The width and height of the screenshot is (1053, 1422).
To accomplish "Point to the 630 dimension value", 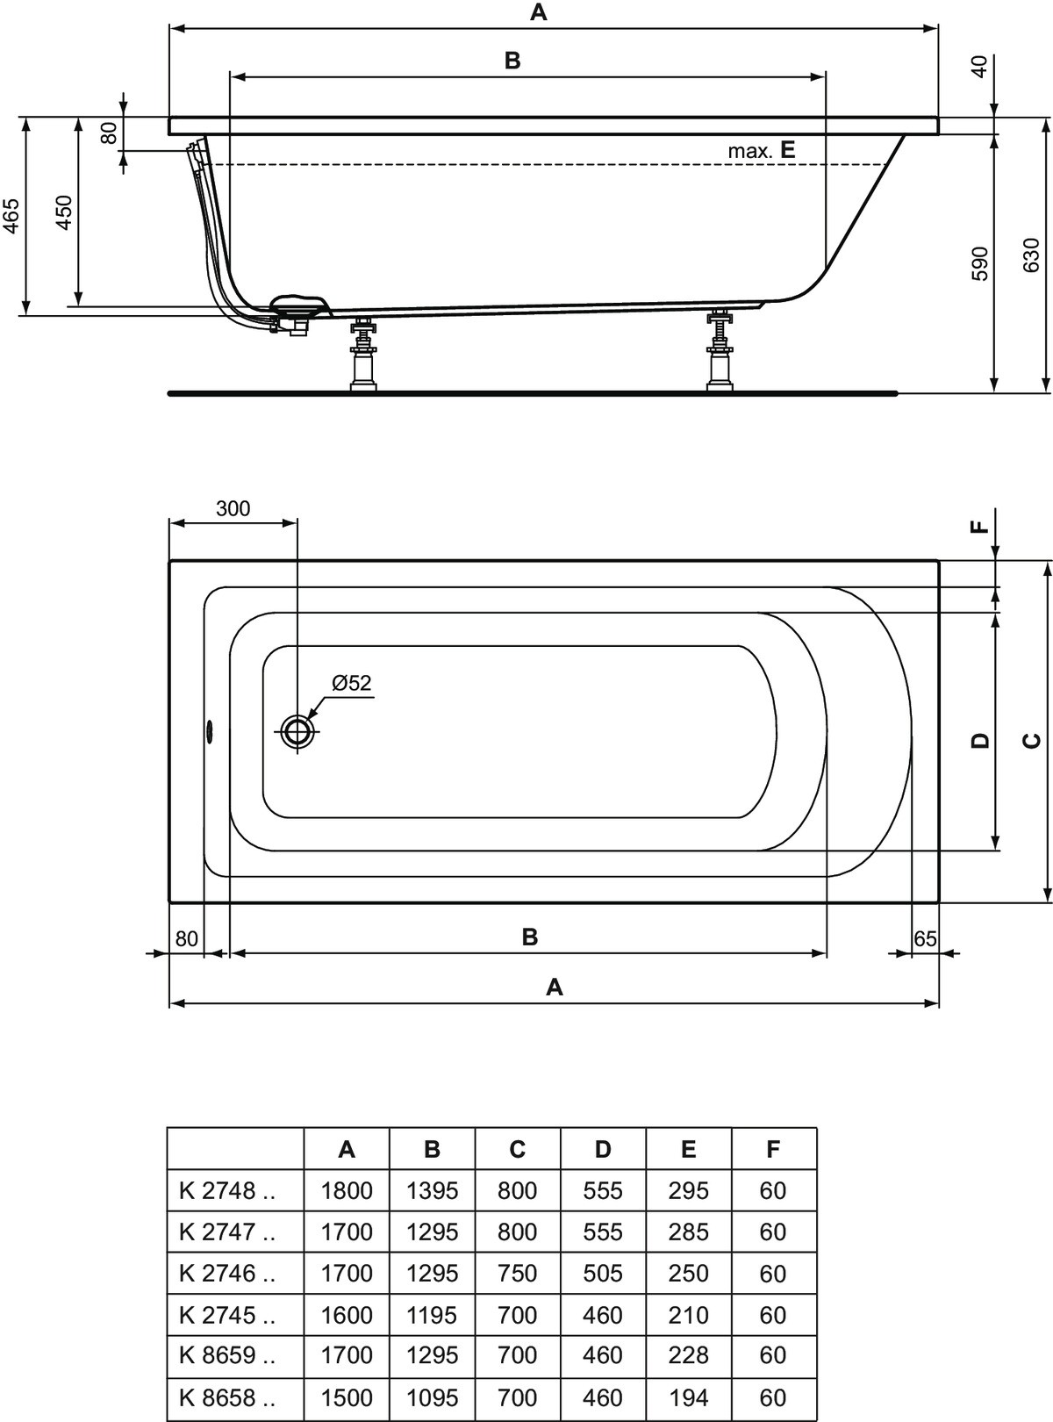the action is click(1031, 255).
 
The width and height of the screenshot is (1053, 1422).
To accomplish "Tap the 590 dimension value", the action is click(979, 262).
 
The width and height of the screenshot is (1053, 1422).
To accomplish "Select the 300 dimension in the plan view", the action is click(233, 508).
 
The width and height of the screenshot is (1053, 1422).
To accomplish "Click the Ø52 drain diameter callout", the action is click(352, 682).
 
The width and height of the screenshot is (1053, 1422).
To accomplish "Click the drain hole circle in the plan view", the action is click(297, 730).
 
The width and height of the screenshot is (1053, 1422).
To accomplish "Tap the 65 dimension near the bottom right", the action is click(925, 938).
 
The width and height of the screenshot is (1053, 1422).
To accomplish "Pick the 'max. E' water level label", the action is click(762, 151).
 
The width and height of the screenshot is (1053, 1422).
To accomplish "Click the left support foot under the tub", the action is click(363, 355).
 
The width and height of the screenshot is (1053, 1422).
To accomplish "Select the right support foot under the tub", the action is click(719, 351).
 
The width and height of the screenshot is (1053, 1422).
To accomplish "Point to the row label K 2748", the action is click(227, 1190).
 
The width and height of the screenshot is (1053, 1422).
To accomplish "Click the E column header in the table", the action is click(688, 1149).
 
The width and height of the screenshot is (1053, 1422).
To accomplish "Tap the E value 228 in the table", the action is click(688, 1355).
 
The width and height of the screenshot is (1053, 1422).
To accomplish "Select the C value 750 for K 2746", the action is click(517, 1273).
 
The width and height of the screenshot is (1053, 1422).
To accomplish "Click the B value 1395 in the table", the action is click(433, 1190).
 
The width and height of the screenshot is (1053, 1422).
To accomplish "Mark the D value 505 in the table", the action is click(603, 1273).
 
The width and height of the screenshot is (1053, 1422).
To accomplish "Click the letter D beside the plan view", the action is click(980, 741).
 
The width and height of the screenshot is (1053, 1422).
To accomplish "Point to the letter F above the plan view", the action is click(980, 527).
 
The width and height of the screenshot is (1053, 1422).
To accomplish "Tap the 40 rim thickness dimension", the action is click(979, 67).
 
